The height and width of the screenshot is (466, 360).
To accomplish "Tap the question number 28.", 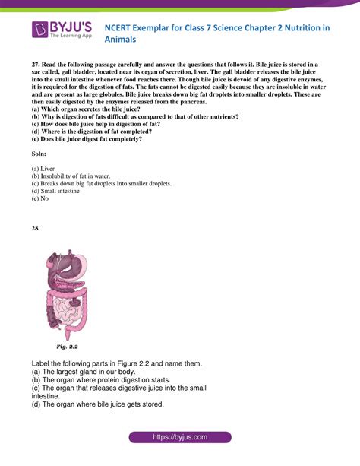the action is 36,227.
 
